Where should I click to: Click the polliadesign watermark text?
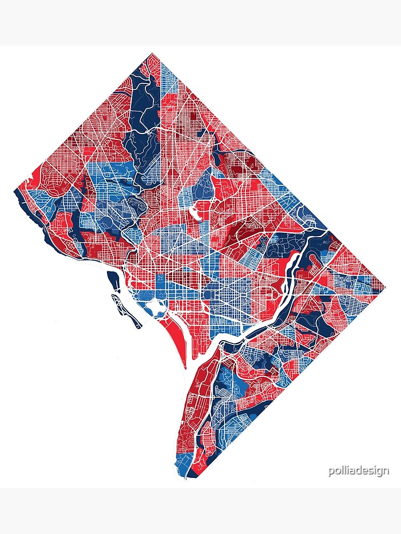pyautogui.click(x=359, y=471)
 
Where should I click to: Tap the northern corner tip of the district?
pyautogui.click(x=152, y=53)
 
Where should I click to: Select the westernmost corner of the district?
pyautogui.click(x=13, y=190)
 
